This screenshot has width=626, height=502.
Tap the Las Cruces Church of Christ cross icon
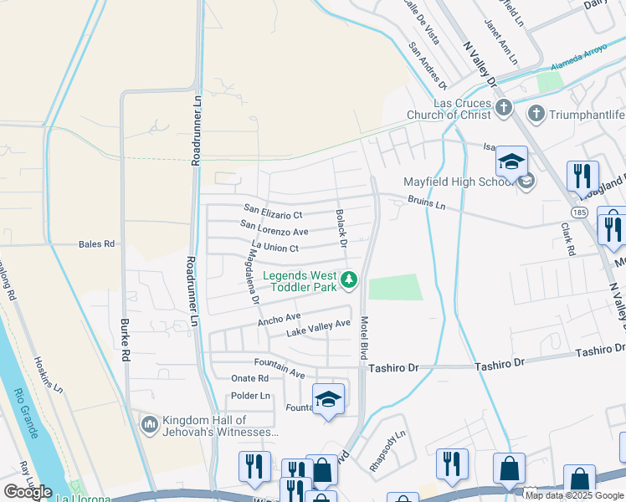click(503, 107)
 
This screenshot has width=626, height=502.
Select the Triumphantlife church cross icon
click(536, 113)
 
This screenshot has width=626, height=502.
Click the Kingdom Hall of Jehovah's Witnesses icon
click(150, 425)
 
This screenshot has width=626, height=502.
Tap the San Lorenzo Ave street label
click(275, 228)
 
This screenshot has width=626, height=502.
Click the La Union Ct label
click(275, 248)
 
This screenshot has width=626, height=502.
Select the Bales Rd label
click(95, 244)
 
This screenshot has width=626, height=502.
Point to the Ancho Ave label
click(279, 319)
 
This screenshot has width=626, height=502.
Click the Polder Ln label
click(251, 395)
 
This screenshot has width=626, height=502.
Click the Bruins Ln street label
click(426, 202)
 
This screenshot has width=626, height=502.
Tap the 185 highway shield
click(581, 213)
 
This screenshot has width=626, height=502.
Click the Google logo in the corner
click(28, 492)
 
